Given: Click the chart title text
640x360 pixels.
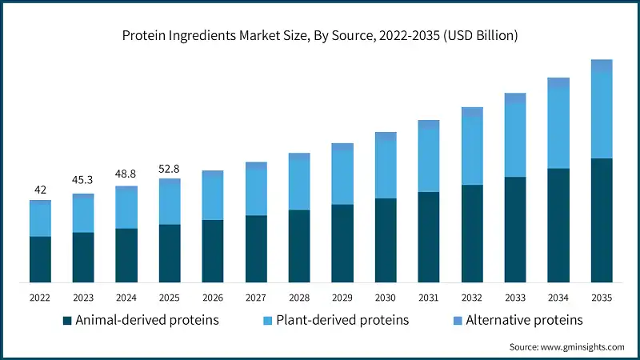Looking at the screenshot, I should click(320, 36).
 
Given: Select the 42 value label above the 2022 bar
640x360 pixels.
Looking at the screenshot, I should click(40, 190).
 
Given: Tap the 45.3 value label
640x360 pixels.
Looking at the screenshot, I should click(83, 182).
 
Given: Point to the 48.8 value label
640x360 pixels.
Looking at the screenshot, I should click(126, 174).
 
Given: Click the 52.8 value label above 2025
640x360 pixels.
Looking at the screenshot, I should click(170, 167).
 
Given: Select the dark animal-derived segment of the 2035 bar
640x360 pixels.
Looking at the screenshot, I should click(602, 220).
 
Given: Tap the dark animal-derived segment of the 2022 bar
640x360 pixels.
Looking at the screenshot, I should click(40, 259).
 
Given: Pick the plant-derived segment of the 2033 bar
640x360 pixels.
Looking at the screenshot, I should click(515, 140).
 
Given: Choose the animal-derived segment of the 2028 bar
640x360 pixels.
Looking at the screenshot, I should click(299, 246).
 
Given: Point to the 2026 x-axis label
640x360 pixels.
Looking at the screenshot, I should click(213, 298).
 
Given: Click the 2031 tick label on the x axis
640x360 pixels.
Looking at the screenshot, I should click(429, 298).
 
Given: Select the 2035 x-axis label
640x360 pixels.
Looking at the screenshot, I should click(602, 298).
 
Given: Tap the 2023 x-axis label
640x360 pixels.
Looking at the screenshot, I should click(83, 298).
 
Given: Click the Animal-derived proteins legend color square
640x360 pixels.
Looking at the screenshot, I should click(67, 321).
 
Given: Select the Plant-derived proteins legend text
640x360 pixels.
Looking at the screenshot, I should click(342, 320).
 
